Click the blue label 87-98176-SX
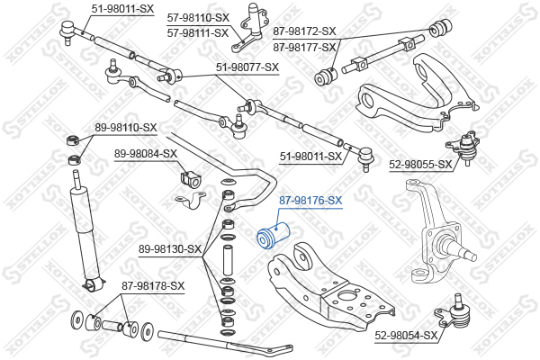tap(310, 200)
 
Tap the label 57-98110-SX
tap(198, 17)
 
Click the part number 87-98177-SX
tap(304, 47)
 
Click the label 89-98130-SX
tap(170, 248)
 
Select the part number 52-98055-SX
tap(420, 165)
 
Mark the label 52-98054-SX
tap(407, 335)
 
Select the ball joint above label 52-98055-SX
tap(466, 144)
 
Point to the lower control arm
tap(324, 288)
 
